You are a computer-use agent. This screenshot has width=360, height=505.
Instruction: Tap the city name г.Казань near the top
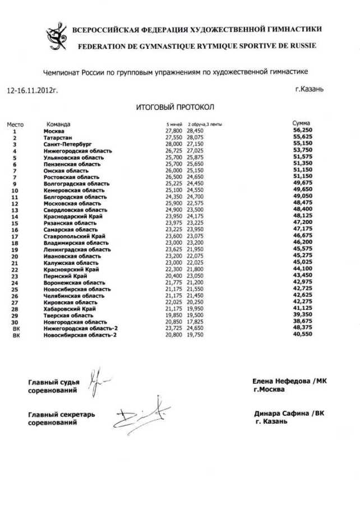click(308, 89)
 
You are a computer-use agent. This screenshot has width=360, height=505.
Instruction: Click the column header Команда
click(58, 124)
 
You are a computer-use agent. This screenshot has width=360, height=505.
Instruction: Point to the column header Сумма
click(302, 123)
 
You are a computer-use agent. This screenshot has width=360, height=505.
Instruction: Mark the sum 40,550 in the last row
click(302, 335)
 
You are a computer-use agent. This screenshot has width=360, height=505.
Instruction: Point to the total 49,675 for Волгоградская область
click(302, 183)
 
